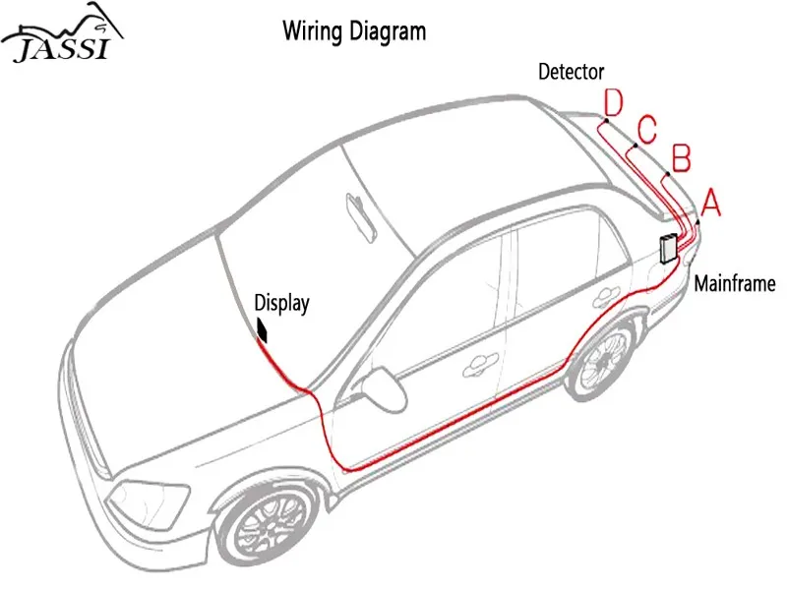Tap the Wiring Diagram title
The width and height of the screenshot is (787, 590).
click(354, 31)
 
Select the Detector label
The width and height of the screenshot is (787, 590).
click(571, 72)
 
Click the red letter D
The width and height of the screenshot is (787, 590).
click(613, 101)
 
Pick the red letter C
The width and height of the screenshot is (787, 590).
click(646, 128)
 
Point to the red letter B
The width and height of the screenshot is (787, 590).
click(680, 157)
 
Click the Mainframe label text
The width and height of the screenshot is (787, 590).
click(735, 284)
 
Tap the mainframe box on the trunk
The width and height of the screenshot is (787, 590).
click(669, 249)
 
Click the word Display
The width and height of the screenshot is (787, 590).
click(282, 303)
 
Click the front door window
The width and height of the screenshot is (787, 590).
click(443, 295)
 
